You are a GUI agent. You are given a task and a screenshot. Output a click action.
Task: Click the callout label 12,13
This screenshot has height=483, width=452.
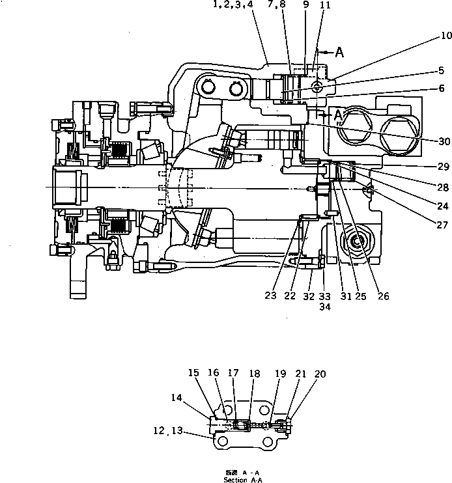pyautogui.click(x=166, y=430)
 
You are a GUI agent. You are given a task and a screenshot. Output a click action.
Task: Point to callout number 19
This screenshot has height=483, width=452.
pyautogui.click(x=280, y=374)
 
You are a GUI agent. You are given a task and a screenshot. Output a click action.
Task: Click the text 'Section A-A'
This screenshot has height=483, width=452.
pyautogui.click(x=244, y=480)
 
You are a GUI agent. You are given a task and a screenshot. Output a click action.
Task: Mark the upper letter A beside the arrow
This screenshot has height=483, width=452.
pyautogui.click(x=339, y=53)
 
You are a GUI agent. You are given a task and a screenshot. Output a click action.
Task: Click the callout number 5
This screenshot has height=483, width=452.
pyautogui.click(x=442, y=70)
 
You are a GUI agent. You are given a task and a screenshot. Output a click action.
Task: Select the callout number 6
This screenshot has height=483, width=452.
pyautogui.click(x=442, y=88)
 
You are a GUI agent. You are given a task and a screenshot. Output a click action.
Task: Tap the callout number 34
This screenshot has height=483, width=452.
pyautogui.click(x=324, y=307)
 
